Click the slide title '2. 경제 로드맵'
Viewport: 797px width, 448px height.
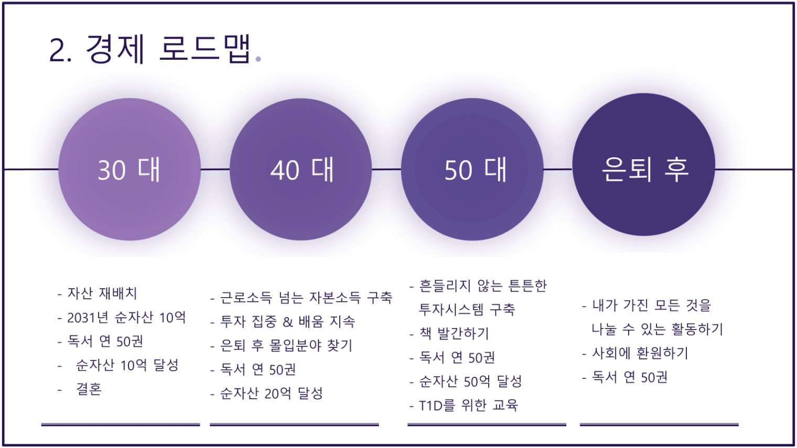point(150,50)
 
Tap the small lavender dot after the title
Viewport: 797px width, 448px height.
point(259,59)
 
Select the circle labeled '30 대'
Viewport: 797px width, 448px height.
point(130,169)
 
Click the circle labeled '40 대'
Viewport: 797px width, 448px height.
point(300,169)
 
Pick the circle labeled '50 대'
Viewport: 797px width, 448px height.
point(472,169)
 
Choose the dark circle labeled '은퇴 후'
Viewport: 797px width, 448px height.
point(644,165)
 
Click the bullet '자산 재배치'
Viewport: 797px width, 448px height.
point(102,293)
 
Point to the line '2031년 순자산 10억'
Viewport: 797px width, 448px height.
point(126,318)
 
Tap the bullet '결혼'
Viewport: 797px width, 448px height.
point(89,389)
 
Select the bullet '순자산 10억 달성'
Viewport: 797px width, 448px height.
point(127,365)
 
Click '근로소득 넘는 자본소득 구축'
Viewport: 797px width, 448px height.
point(306,298)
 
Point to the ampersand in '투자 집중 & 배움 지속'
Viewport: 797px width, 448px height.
point(287,322)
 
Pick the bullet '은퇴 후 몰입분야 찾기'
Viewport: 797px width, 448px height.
point(286,346)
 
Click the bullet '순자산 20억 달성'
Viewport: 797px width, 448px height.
point(271,394)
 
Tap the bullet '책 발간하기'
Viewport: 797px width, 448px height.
point(454,333)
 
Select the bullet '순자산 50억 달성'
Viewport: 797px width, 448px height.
point(470,381)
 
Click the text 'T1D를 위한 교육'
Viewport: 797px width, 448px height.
point(468,406)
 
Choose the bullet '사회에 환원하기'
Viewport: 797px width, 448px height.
point(640,353)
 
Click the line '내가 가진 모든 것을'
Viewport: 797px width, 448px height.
point(651,305)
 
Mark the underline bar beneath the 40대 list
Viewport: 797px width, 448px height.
point(294,424)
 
